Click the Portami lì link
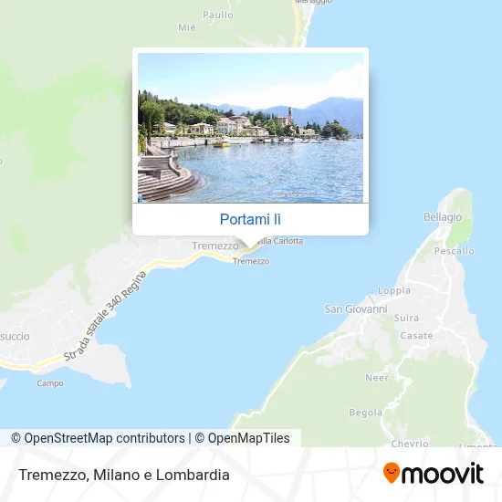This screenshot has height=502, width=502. point(250,219)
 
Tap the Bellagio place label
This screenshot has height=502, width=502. point(443,217)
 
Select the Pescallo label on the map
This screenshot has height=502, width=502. point(455,250)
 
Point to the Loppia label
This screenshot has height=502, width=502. point(394,291)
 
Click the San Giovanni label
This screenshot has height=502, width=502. point(356,309)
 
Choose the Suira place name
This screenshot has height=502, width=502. point(406,319)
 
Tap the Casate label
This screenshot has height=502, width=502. point(416,336)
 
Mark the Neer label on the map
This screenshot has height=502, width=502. point(377,378)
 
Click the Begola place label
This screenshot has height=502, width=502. point(365,413)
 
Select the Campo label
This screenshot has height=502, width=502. point(49,383)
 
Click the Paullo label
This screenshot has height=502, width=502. point(218,15)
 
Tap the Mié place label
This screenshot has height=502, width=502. point(187,27)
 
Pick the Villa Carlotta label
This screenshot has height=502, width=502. point(278,241)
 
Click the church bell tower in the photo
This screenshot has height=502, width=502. point(289,116)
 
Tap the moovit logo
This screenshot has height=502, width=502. point(433,473)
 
